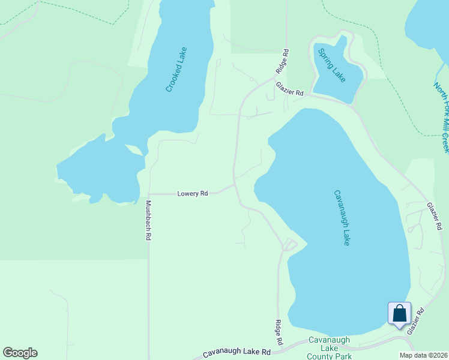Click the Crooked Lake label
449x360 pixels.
177,70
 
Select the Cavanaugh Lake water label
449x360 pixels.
342,217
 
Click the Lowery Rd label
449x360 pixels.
193,194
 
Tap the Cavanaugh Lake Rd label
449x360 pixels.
237,352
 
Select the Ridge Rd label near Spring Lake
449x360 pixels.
282,61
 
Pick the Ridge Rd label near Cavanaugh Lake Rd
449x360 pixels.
279,331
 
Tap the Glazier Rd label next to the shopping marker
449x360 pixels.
415,321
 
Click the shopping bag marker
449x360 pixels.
399,314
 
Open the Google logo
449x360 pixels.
20,353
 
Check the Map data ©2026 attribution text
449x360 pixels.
423,355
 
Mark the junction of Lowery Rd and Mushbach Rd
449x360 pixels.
148,194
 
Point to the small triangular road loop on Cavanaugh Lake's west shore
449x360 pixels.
290,245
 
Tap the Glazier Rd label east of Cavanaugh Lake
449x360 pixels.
435,216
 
